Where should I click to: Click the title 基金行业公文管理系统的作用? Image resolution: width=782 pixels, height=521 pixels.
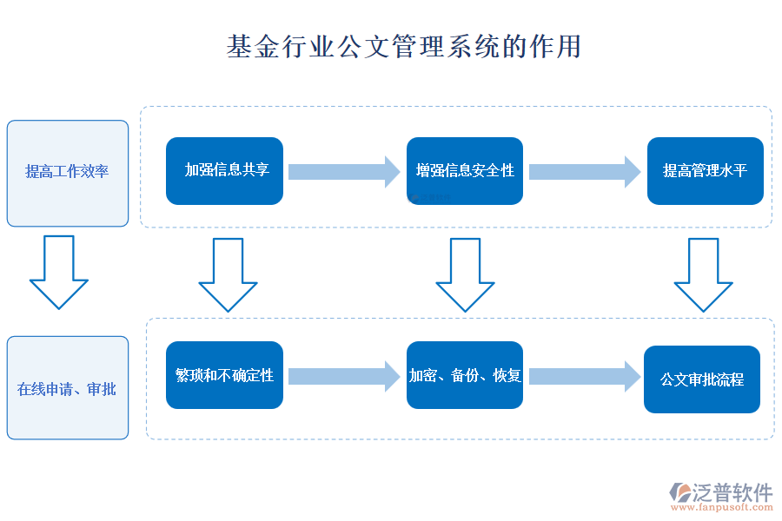click(403, 46)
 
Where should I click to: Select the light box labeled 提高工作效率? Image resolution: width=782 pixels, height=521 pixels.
click(68, 173)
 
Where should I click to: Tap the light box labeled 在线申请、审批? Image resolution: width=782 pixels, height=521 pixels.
click(68, 388)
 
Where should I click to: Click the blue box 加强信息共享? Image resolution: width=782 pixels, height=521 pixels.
click(224, 171)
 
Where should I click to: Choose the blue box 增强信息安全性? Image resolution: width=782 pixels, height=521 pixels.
click(465, 171)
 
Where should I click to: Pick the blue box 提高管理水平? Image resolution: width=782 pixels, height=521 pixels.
click(705, 171)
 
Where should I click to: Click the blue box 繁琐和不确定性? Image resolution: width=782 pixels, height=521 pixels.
click(224, 375)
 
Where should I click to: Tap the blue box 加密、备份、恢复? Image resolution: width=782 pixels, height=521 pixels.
click(465, 375)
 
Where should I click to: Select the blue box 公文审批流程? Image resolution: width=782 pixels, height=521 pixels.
click(702, 379)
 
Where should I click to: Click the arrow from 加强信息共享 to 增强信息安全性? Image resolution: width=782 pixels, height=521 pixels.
click(344, 171)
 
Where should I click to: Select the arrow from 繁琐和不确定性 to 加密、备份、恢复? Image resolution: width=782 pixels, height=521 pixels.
click(344, 375)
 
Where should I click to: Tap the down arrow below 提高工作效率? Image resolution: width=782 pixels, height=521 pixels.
click(59, 272)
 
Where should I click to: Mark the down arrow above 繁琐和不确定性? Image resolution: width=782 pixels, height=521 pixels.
click(228, 274)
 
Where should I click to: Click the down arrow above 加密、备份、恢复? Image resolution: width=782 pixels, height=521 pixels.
click(465, 274)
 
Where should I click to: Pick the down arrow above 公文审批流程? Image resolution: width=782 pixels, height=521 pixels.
click(704, 274)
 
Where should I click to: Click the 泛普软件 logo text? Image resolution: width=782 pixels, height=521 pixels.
click(732, 492)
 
